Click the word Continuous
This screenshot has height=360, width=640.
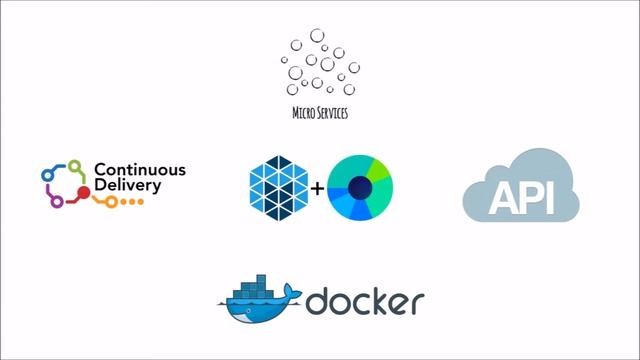coord(139,170)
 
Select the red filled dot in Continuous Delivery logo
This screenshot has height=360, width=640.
coord(84,190)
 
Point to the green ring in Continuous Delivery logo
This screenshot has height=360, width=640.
coord(74,166)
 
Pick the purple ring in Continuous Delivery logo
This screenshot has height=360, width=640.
coord(56,201)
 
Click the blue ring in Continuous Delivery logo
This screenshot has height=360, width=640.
coord(46,175)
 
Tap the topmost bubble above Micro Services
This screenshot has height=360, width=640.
coord(317,36)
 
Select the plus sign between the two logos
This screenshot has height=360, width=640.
coord(317,187)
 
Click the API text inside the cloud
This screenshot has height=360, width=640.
coord(521,199)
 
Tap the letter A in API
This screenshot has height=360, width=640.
coord(503,199)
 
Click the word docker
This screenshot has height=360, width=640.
coord(365,302)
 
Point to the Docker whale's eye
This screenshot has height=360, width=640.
coord(243,306)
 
